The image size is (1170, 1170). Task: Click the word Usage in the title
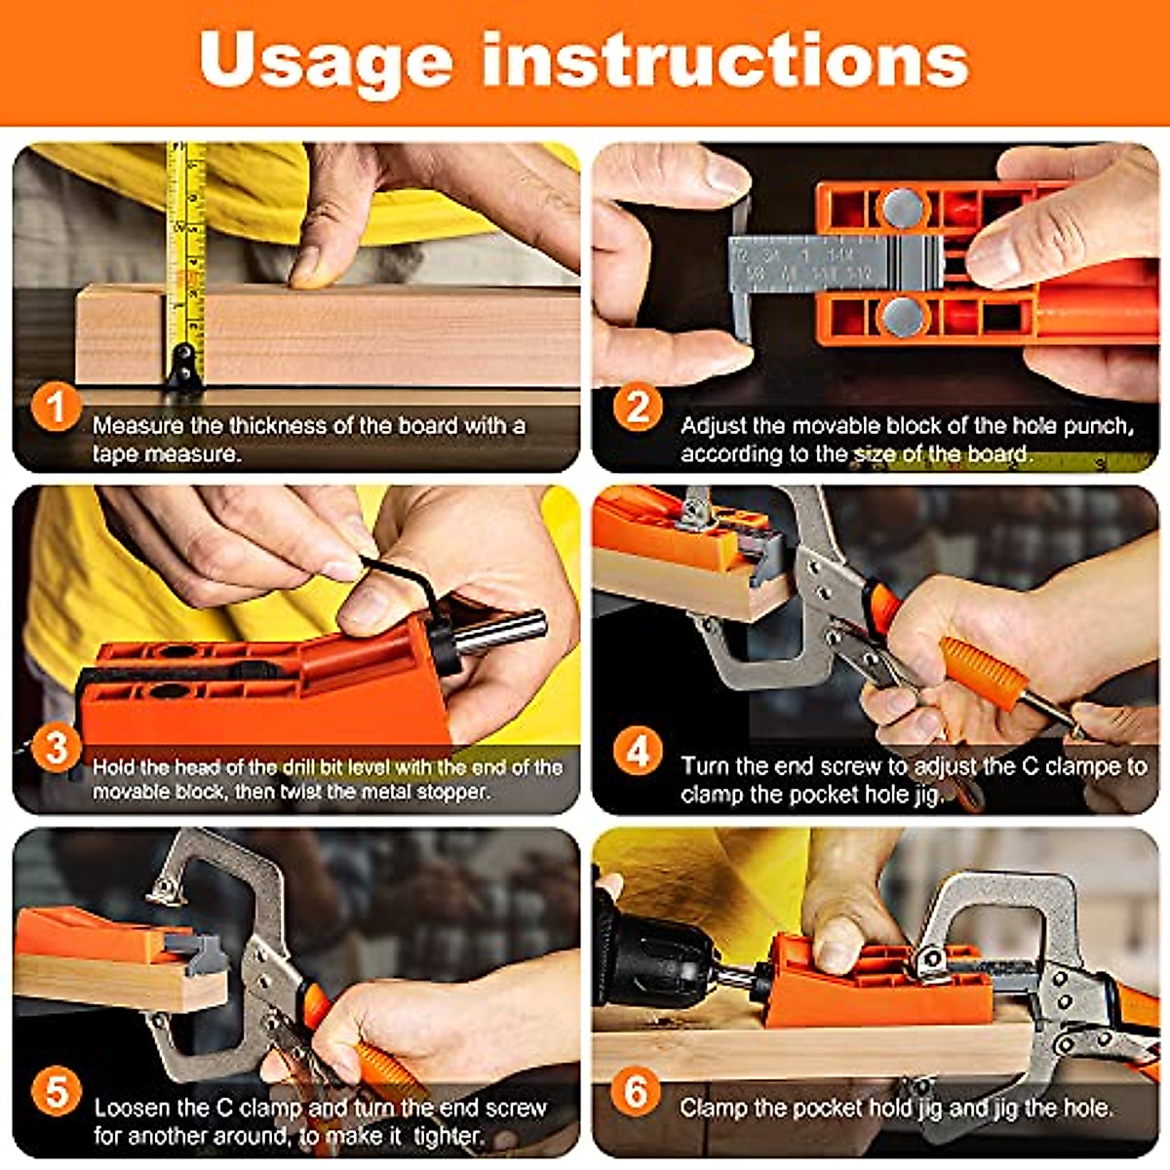[326, 60]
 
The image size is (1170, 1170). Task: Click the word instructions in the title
[724, 60]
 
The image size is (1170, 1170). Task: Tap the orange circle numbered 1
[56, 407]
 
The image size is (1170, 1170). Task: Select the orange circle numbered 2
[638, 407]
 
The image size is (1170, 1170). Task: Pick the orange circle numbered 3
[56, 748]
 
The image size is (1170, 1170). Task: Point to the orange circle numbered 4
[638, 751]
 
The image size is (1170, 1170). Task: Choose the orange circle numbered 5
[56, 1092]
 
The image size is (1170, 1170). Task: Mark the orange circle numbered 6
[636, 1092]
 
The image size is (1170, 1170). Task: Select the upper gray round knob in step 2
[902, 207]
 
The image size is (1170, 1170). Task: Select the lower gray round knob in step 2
[902, 316]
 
